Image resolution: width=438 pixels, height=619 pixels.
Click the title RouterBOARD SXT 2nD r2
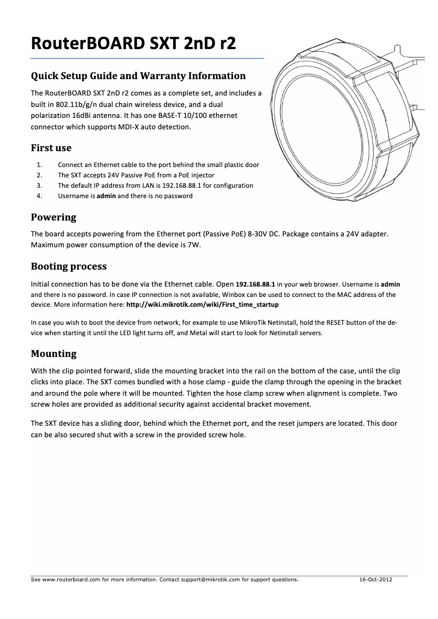coord(134,43)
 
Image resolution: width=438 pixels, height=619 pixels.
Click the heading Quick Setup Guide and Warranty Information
coord(138,75)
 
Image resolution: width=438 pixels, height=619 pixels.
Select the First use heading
coord(51,148)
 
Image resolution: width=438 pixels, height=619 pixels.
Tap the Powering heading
coord(54,217)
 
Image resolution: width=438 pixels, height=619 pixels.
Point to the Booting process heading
coord(69,266)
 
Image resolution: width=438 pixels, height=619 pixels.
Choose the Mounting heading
coord(54,353)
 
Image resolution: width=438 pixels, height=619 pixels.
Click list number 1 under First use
coord(39,165)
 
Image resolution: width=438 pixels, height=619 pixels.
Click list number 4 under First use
coord(39,196)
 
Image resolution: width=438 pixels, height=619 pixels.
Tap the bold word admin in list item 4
coord(106,196)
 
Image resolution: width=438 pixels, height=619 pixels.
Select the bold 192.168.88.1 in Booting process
coord(256,284)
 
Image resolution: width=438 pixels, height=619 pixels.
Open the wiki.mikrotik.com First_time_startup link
coord(202,304)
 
